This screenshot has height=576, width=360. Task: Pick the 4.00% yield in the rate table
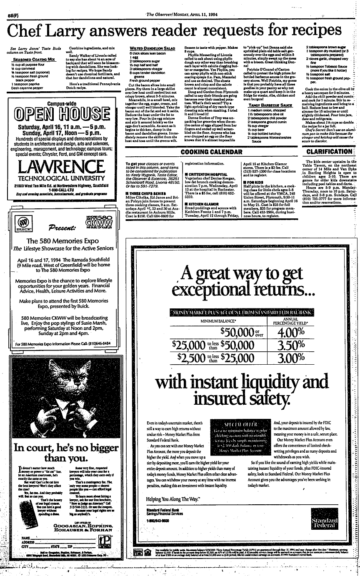[x=290, y=332]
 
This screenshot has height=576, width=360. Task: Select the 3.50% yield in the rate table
[x=290, y=345]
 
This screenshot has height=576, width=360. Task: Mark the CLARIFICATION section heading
[x=329, y=152]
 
